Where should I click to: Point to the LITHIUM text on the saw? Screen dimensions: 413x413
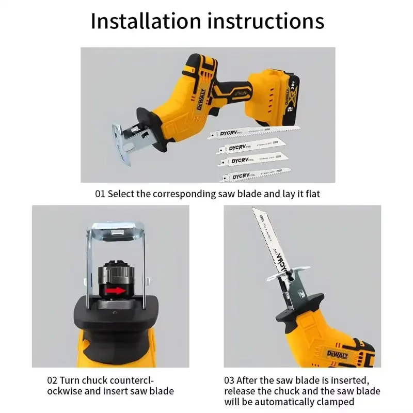pos(243,93)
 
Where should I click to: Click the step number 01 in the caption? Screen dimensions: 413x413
pos(100,194)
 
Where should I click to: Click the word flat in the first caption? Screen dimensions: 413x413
pos(318,194)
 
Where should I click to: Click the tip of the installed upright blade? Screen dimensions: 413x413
pos(253,210)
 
